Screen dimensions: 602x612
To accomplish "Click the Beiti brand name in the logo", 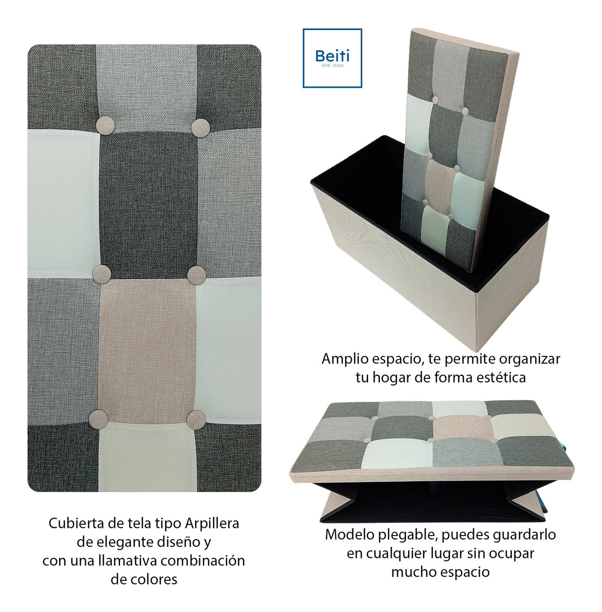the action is pyautogui.click(x=332, y=56).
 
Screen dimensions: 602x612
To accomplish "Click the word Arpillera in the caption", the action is pyautogui.click(x=212, y=523).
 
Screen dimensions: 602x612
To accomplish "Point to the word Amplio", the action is pyautogui.click(x=345, y=359).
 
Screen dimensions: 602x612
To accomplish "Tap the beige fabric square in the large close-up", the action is pyautogui.click(x=146, y=351).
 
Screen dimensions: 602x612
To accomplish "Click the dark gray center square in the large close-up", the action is pyautogui.click(x=148, y=205).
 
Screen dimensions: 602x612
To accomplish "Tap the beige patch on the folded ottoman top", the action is pyautogui.click(x=459, y=428).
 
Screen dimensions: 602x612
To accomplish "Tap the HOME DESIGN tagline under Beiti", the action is pyautogui.click(x=332, y=66).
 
